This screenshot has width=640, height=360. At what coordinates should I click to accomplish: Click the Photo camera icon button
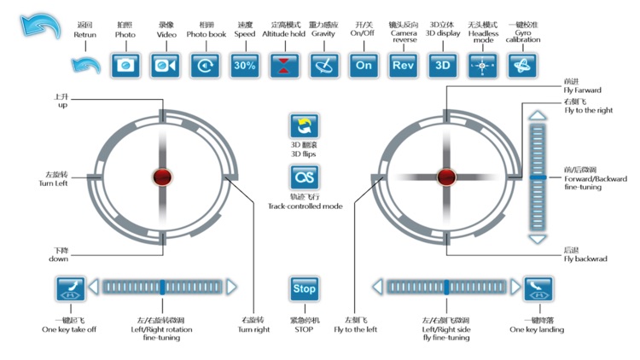pyautogui.click(x=125, y=65)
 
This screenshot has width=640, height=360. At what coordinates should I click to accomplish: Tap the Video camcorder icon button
pyautogui.click(x=166, y=65)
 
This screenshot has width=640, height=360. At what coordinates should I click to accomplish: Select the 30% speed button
pyautogui.click(x=245, y=65)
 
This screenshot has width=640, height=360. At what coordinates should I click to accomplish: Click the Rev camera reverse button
pyautogui.click(x=402, y=65)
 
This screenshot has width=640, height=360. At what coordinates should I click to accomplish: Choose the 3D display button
pyautogui.click(x=442, y=65)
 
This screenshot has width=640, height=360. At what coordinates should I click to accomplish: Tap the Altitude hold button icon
pyautogui.click(x=285, y=65)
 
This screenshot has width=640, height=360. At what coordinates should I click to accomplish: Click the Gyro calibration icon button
pyautogui.click(x=521, y=65)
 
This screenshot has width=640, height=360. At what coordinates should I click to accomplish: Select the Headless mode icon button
pyautogui.click(x=482, y=65)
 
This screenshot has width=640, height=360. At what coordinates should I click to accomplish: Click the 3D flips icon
pyautogui.click(x=305, y=127)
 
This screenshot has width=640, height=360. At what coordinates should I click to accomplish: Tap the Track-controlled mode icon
pyautogui.click(x=305, y=177)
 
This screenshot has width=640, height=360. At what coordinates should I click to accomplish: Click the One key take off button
pyautogui.click(x=69, y=288)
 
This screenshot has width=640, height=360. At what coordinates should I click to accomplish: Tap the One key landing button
pyautogui.click(x=538, y=288)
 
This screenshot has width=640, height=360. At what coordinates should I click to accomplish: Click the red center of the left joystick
pyautogui.click(x=161, y=177)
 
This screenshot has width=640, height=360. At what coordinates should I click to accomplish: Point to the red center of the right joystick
pyautogui.click(x=445, y=177)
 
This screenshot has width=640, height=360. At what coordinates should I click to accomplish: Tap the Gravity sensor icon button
pyautogui.click(x=324, y=65)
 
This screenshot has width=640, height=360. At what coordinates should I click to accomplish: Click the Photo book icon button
pyautogui.click(x=205, y=65)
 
